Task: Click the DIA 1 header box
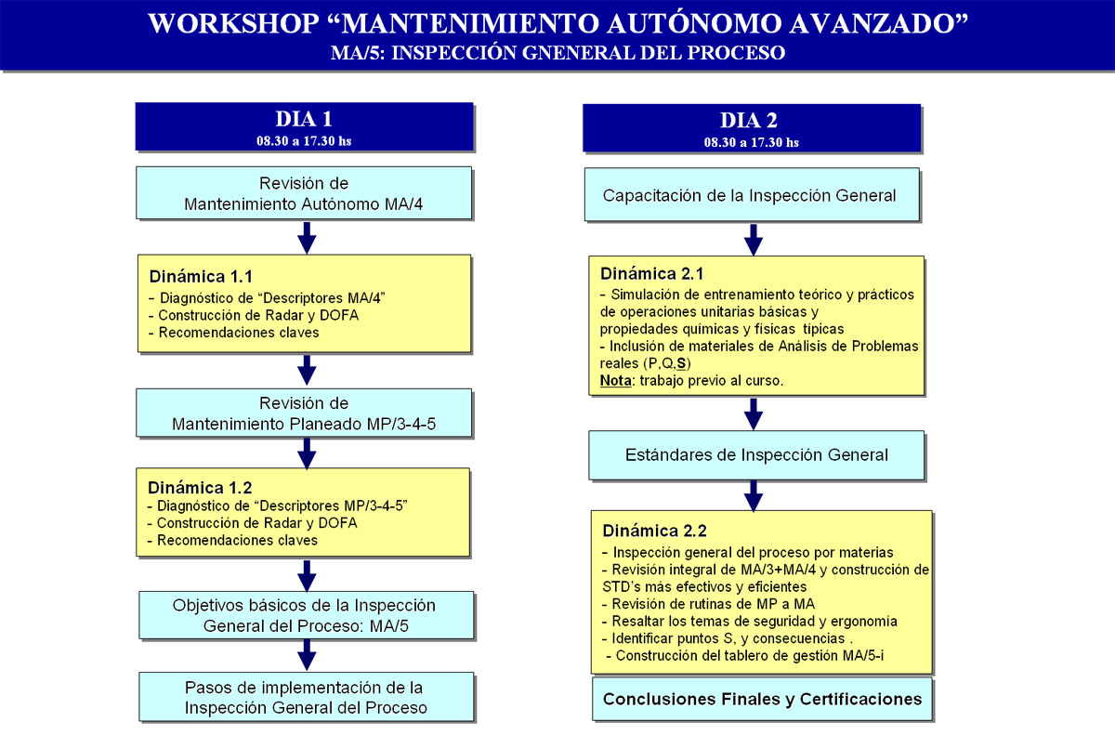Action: click(304, 126)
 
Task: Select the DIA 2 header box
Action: click(752, 128)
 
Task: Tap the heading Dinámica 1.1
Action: click(201, 276)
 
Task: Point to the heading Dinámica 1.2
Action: click(200, 487)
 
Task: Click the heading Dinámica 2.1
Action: click(651, 274)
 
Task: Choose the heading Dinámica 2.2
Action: click(654, 531)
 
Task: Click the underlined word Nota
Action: click(615, 381)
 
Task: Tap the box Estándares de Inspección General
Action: click(756, 454)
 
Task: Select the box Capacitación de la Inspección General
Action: click(752, 194)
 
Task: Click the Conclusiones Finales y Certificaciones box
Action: click(762, 699)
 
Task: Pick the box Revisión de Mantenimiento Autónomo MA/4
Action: click(304, 193)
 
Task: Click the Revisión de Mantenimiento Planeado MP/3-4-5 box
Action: click(304, 413)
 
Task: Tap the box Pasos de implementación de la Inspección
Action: click(306, 697)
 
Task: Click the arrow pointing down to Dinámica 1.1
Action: click(307, 238)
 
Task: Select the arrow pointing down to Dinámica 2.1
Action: click(754, 240)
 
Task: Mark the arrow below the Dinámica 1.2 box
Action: click(307, 576)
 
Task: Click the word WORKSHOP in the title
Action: click(233, 23)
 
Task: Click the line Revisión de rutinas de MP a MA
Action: click(708, 604)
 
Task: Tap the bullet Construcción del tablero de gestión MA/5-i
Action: click(744, 655)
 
